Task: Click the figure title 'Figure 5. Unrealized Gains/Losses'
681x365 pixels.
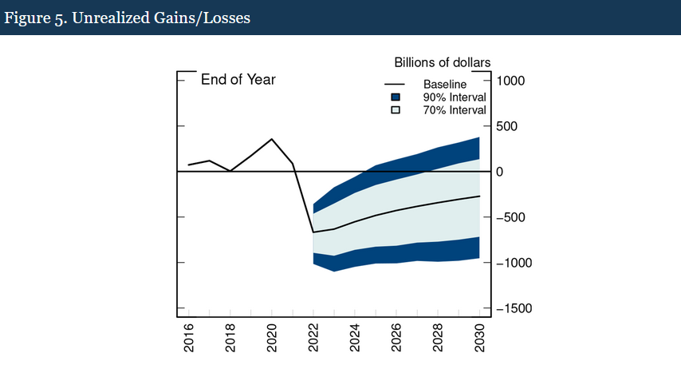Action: click(x=128, y=18)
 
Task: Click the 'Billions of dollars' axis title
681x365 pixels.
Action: click(x=442, y=62)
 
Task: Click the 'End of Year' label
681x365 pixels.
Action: click(x=238, y=79)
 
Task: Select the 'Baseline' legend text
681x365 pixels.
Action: click(x=445, y=84)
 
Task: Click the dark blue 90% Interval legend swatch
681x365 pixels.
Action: click(x=396, y=97)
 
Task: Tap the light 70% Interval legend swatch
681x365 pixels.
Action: click(x=396, y=110)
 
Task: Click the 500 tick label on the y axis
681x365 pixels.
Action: click(x=510, y=126)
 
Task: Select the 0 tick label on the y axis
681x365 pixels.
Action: click(x=500, y=172)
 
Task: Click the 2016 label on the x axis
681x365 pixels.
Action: click(x=188, y=339)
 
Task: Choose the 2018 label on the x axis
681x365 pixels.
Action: click(x=230, y=339)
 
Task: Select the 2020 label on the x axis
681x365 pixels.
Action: click(x=271, y=339)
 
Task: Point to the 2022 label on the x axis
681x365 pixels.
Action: click(x=313, y=339)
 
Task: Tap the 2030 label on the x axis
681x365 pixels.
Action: click(x=479, y=339)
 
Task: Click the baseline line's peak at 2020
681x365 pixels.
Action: click(x=271, y=139)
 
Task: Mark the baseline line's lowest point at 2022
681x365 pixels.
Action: click(x=313, y=232)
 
